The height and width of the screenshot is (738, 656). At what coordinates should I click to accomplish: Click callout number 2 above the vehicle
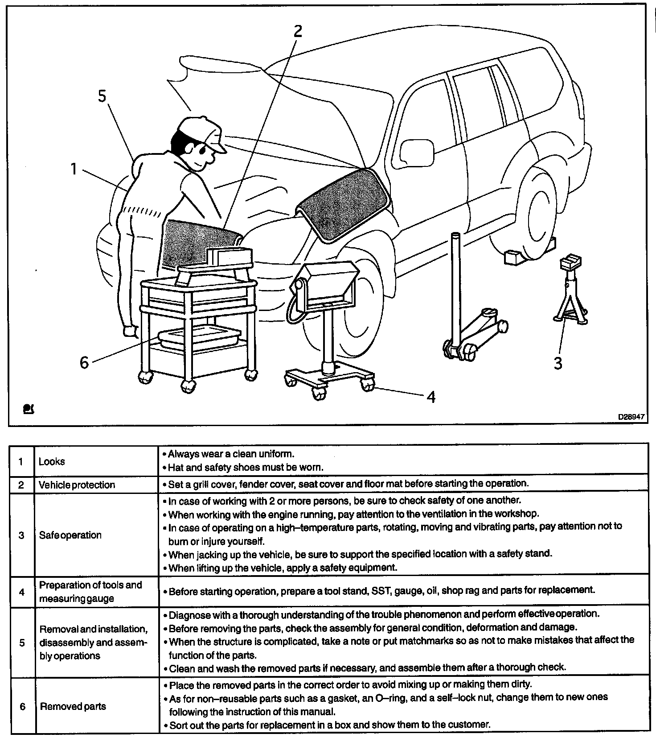[297, 31]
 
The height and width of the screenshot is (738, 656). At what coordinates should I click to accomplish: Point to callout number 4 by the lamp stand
[430, 396]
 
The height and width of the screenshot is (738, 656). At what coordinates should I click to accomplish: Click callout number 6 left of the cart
[84, 362]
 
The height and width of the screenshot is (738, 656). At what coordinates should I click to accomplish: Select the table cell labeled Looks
[52, 461]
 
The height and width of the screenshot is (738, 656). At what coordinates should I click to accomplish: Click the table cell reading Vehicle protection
[77, 485]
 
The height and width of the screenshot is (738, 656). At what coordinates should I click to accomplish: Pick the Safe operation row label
[70, 535]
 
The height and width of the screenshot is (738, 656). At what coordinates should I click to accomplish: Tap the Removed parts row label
[73, 706]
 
